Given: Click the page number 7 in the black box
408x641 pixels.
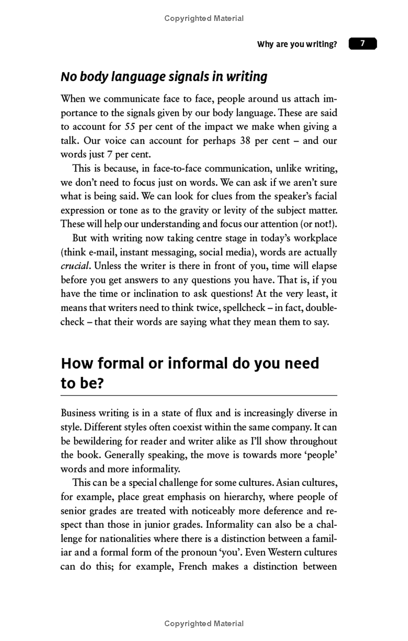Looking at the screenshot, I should pyautogui.click(x=363, y=44).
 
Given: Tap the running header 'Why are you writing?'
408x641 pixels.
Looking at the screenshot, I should pyautogui.click(x=297, y=44).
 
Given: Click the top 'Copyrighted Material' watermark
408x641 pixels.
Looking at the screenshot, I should pyautogui.click(x=204, y=18).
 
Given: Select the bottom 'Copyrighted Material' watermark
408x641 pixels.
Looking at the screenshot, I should pyautogui.click(x=204, y=623).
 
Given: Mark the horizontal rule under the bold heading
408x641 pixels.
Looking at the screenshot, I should pyautogui.click(x=199, y=396).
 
